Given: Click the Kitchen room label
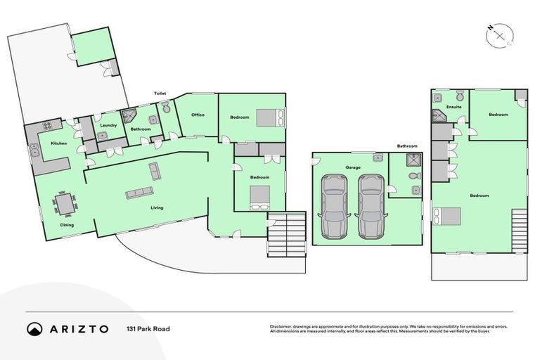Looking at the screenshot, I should (58, 143).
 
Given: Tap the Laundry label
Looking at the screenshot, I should (108, 125).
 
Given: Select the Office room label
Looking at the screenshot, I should (198, 115).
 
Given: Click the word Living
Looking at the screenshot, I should (157, 208).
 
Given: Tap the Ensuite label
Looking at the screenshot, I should (454, 107).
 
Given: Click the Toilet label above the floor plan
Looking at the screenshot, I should (161, 93).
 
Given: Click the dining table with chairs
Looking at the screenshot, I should (65, 204).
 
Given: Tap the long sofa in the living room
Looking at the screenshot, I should (139, 193).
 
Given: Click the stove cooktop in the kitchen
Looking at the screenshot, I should (48, 127).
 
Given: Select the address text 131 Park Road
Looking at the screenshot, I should (148, 329).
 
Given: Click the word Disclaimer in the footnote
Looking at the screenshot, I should (281, 326).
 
